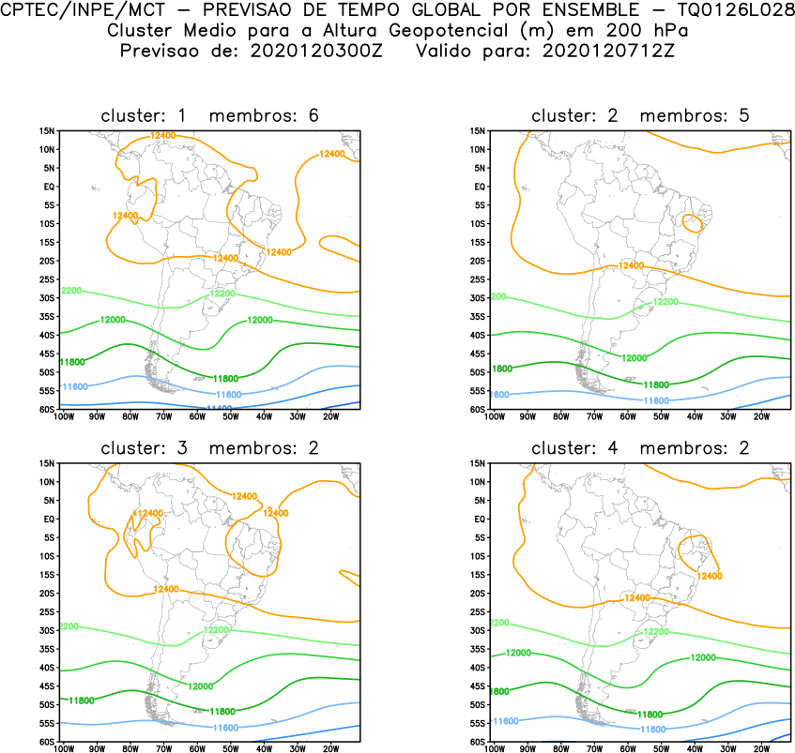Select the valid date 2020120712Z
pos(607,50)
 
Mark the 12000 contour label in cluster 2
pos(635,358)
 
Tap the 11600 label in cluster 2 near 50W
pos(657,400)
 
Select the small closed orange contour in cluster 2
pos(693,223)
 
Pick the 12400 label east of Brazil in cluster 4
pos(711,575)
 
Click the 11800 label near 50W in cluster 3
pos(222,712)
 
